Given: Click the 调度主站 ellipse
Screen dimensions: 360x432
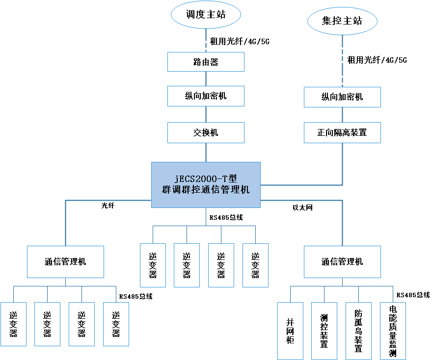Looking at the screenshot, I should [x=206, y=15].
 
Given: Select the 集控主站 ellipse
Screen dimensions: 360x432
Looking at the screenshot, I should [x=342, y=21].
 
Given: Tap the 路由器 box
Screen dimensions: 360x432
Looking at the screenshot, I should [x=206, y=62].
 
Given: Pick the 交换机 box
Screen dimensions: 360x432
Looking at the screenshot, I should [x=206, y=132].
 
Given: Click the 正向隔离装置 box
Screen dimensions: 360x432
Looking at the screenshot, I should [x=342, y=132].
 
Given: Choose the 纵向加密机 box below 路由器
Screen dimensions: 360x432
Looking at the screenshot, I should [x=206, y=96].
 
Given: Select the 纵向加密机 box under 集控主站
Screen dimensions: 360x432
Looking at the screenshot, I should [x=342, y=97].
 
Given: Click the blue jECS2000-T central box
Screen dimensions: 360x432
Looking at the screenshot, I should [x=206, y=184].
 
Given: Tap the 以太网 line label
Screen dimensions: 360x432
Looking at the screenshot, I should [x=303, y=207].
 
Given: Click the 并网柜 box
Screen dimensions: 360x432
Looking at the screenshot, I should [x=290, y=331].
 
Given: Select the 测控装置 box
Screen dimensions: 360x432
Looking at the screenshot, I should [x=324, y=331].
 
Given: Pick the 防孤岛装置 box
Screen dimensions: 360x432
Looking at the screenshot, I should [x=358, y=331].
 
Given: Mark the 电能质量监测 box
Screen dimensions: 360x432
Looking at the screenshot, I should [x=393, y=331].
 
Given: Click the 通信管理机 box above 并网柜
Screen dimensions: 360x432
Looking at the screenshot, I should [x=342, y=262].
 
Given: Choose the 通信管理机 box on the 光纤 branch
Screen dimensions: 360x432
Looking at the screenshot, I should [x=65, y=262].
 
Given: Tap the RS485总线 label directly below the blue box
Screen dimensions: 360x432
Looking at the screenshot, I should [x=226, y=217].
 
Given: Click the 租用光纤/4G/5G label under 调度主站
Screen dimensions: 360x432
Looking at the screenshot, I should [x=240, y=42].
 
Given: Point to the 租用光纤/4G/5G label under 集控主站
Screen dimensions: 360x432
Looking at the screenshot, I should [x=377, y=60].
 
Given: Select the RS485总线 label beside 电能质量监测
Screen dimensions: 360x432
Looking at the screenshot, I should [x=413, y=295].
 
